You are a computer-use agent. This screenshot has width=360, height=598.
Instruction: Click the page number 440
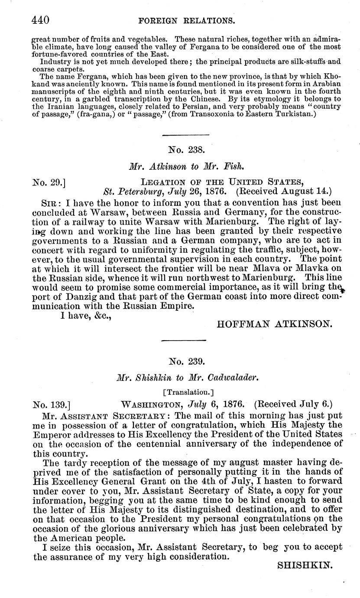click(41, 20)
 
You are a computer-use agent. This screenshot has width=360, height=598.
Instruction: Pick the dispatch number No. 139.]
click(52, 405)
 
